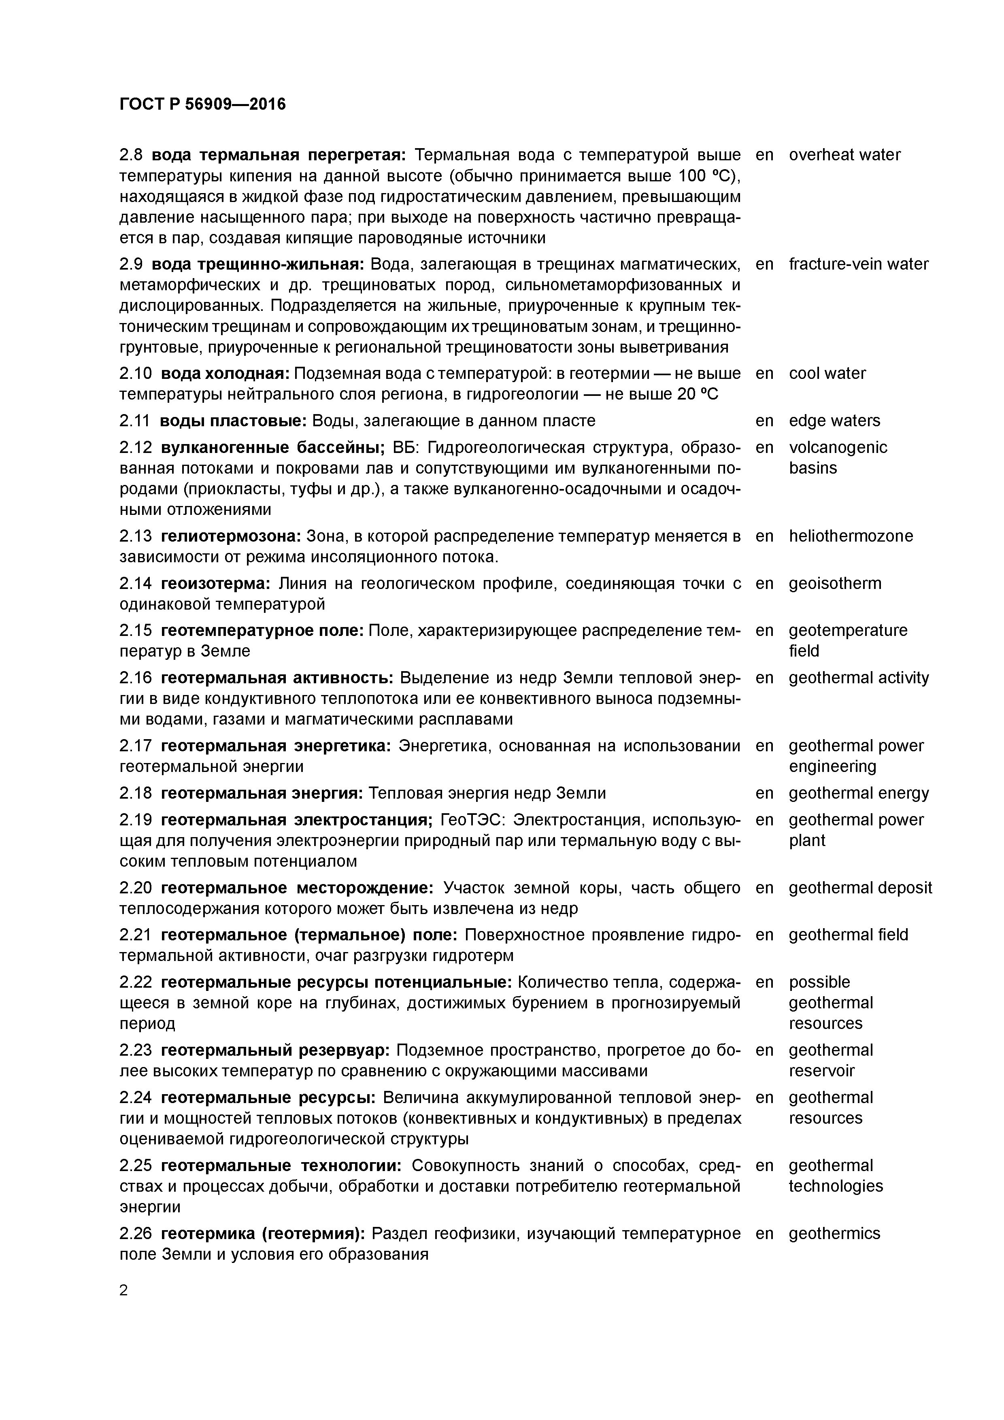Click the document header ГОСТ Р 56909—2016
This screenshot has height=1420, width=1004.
(x=202, y=104)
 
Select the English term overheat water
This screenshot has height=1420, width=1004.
(x=844, y=155)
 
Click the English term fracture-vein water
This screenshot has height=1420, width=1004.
(x=858, y=264)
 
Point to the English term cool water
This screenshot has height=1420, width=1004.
(x=827, y=374)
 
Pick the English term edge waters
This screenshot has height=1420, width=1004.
(x=834, y=421)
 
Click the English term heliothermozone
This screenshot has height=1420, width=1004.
(x=851, y=536)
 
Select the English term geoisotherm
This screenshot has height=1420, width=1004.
(x=834, y=583)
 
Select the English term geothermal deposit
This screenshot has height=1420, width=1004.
(x=860, y=888)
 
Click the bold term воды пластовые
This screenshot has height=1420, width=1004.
(x=233, y=421)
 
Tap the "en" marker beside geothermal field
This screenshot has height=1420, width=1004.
(x=765, y=935)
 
